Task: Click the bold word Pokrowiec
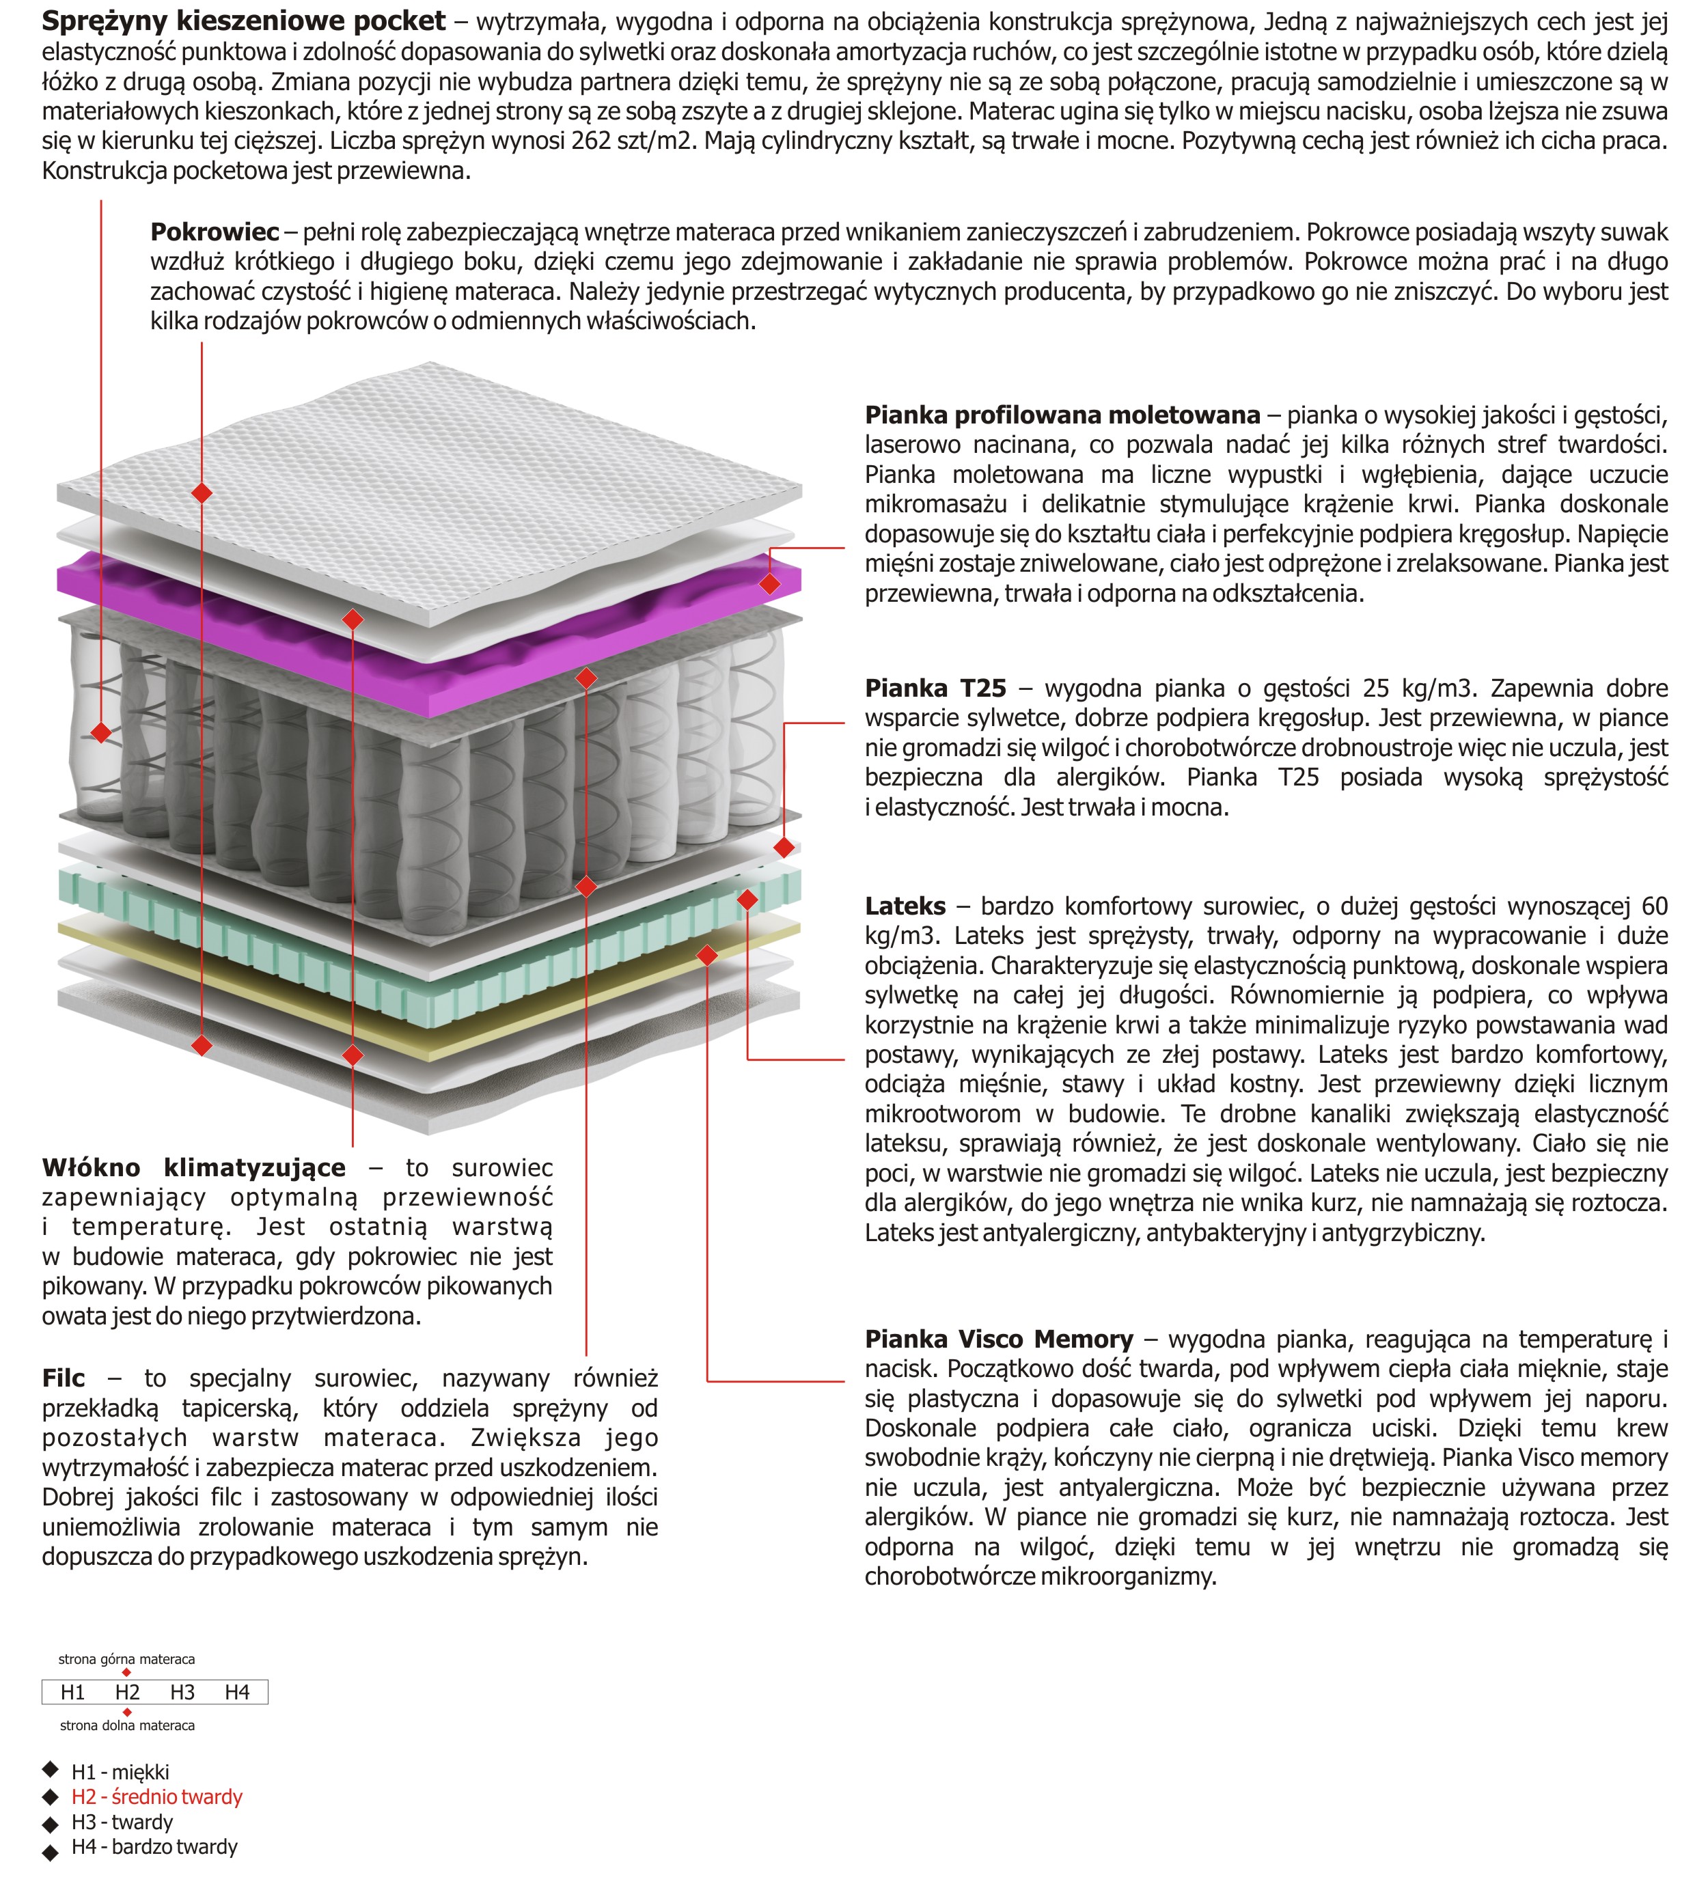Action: click(215, 232)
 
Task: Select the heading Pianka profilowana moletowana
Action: click(1062, 415)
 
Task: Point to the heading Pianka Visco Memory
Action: click(999, 1339)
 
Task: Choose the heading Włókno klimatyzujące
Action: click(193, 1167)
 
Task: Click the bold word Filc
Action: click(63, 1378)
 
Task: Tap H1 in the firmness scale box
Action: click(72, 1692)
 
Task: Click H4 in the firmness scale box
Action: click(238, 1692)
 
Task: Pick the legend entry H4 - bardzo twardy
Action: click(155, 1847)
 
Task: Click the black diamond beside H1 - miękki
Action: click(51, 1770)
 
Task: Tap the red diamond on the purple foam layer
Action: click(769, 583)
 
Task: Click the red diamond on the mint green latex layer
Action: click(747, 900)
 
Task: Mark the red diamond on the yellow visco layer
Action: click(708, 955)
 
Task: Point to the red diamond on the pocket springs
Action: click(101, 732)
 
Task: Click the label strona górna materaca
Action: click(126, 1659)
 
